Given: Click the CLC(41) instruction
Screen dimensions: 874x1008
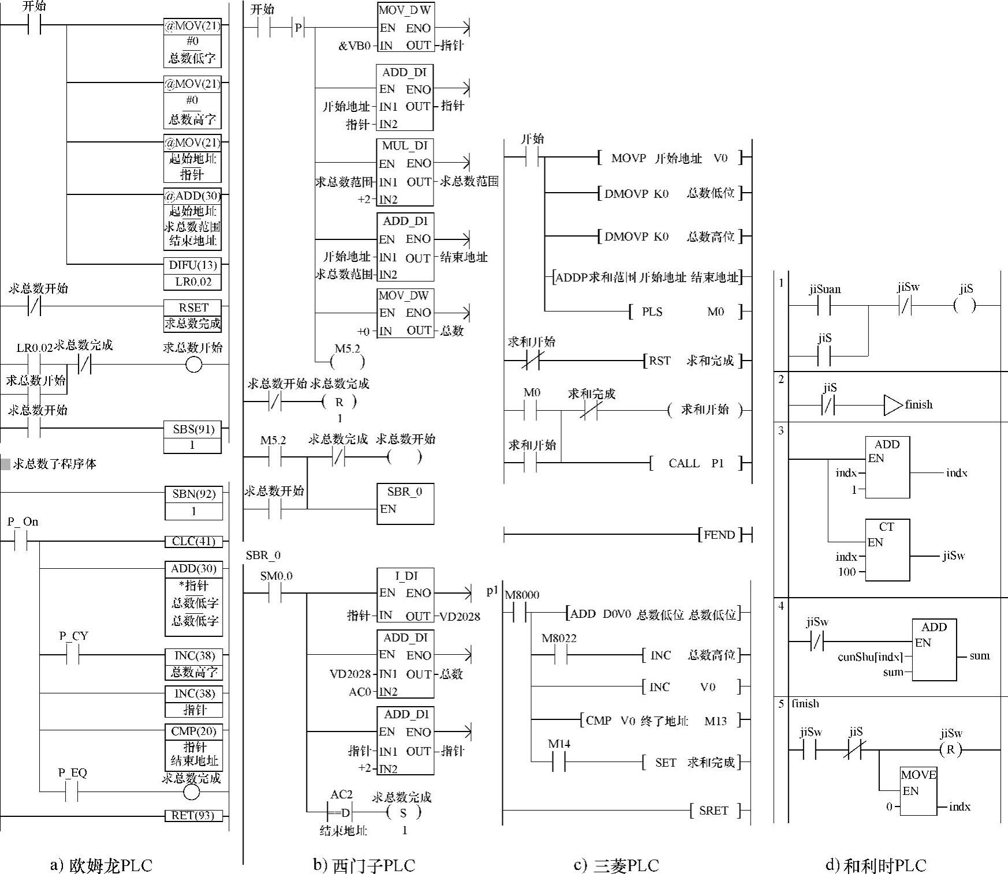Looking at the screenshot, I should [193, 541].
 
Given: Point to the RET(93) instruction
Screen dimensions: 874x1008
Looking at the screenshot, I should [193, 815].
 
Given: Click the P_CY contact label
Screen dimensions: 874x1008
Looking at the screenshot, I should [73, 636].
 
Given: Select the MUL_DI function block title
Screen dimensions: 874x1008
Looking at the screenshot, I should [405, 146].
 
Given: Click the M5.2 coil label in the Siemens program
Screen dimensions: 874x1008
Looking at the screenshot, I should [347, 348].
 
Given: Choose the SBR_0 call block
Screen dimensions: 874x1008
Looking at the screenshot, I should [405, 504].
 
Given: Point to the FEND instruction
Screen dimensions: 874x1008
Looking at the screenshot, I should [719, 535].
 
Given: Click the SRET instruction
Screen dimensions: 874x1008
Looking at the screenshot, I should [714, 811].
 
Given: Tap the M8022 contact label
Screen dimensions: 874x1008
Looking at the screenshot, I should [558, 638].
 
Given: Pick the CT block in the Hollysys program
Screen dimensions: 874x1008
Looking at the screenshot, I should [887, 549].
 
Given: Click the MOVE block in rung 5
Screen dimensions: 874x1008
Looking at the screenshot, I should [918, 790].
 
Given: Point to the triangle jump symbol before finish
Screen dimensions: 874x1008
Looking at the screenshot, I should [893, 405].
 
